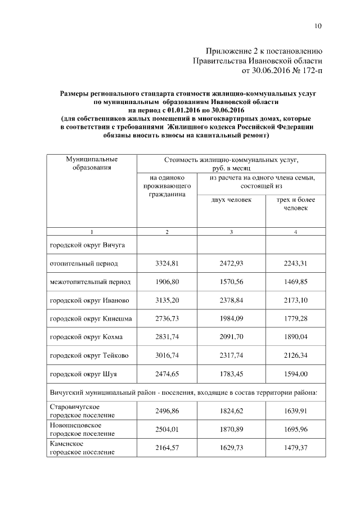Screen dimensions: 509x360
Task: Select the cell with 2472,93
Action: [x=231, y=263]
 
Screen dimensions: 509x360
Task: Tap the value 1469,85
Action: [x=295, y=281]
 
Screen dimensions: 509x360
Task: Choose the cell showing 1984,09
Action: [x=231, y=318]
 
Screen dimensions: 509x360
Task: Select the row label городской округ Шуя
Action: [x=84, y=374]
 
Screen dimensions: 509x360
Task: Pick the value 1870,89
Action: [x=231, y=429]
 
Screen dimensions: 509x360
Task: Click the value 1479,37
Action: [x=295, y=447]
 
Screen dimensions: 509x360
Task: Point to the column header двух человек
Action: [x=231, y=200]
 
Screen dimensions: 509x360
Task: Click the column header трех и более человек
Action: [x=295, y=204]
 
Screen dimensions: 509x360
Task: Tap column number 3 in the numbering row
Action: [x=231, y=232]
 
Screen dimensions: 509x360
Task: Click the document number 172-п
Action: [x=310, y=70]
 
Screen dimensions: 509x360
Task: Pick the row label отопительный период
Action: [x=84, y=263]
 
